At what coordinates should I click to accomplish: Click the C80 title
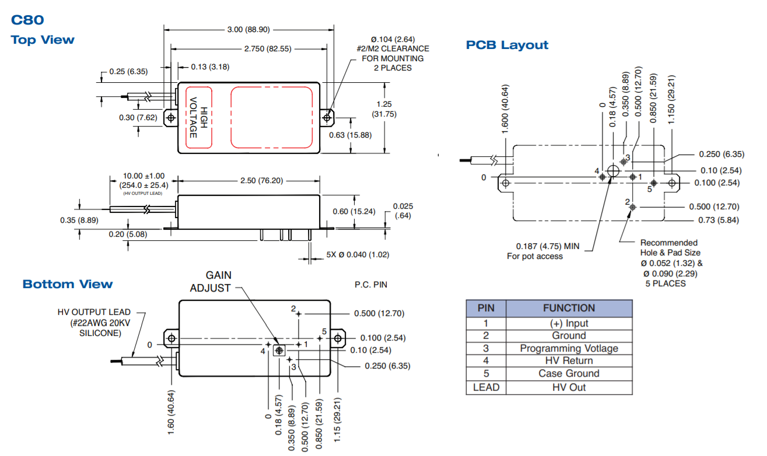(27, 20)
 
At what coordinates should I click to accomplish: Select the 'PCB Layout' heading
(507, 45)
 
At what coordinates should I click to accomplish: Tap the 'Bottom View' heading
(68, 284)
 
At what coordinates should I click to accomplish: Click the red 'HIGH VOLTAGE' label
(198, 113)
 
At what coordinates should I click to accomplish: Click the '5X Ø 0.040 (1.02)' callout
(358, 254)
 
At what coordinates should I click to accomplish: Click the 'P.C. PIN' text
(371, 285)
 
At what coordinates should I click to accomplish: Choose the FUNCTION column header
(569, 308)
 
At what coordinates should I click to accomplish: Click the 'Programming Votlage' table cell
(569, 348)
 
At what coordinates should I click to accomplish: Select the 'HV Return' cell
(569, 361)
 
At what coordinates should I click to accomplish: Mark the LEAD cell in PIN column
(486, 387)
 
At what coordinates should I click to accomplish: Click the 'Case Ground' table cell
(569, 374)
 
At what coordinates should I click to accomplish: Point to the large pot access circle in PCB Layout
(613, 171)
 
